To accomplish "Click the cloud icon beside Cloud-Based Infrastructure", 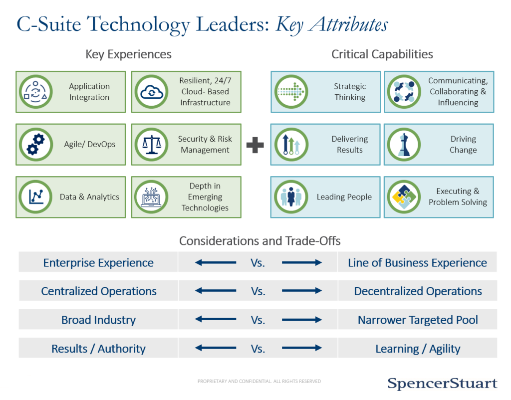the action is pyautogui.click(x=152, y=92).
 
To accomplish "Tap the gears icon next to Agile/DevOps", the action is pyautogui.click(x=36, y=144).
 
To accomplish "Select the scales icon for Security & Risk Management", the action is pyautogui.click(x=152, y=144).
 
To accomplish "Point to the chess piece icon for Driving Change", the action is pyautogui.click(x=404, y=144).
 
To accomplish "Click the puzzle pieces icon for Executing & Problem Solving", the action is pyautogui.click(x=404, y=197).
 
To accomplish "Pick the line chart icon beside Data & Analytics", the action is pyautogui.click(x=36, y=197).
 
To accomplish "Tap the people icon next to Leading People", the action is pyautogui.click(x=291, y=197).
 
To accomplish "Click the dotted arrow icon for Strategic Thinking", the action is pyautogui.click(x=291, y=92).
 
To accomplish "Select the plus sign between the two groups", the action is pyautogui.click(x=255, y=145).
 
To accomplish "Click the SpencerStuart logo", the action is pyautogui.click(x=442, y=383).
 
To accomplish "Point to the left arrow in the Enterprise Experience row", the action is pyautogui.click(x=216, y=262).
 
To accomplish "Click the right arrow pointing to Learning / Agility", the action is pyautogui.click(x=302, y=348).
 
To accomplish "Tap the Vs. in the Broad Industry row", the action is pyautogui.click(x=258, y=320).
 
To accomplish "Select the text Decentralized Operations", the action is pyautogui.click(x=418, y=291).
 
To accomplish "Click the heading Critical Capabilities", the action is pyautogui.click(x=382, y=54).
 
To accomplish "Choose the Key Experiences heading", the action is pyautogui.click(x=128, y=54).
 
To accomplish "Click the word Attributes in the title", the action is pyautogui.click(x=348, y=24).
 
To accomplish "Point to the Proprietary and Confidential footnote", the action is pyautogui.click(x=259, y=381).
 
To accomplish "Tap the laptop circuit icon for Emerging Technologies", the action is pyautogui.click(x=152, y=197).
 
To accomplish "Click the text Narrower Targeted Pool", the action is pyautogui.click(x=418, y=320).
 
